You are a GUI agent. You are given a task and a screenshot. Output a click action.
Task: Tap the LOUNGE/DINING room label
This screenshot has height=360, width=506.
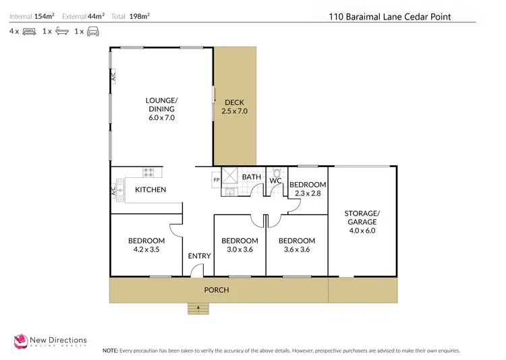[161, 109]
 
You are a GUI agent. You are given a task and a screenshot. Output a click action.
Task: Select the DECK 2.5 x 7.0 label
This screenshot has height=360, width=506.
[235, 107]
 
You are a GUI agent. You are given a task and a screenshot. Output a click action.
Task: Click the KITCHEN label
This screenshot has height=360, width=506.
[150, 190]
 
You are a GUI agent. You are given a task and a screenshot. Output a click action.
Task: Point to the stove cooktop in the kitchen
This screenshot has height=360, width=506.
[150, 172]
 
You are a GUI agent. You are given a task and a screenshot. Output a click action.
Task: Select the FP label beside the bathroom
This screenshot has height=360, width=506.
[217, 180]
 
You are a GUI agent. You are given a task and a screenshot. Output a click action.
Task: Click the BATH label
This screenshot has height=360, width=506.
[252, 177]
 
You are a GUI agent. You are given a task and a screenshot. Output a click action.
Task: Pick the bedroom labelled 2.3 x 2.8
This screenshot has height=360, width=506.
[308, 189]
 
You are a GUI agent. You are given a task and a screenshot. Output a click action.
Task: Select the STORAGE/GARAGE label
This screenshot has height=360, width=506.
[362, 221]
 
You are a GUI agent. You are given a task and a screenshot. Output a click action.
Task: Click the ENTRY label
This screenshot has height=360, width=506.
[200, 256]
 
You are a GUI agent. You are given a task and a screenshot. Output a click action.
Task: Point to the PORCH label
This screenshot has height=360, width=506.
[217, 290]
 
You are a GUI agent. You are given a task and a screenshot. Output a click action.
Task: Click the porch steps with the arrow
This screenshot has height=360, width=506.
[198, 309]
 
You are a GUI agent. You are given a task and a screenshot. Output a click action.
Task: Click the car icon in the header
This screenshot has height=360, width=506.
[93, 32]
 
